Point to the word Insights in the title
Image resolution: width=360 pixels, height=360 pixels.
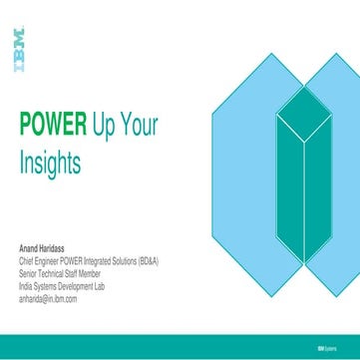tap(50, 160)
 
